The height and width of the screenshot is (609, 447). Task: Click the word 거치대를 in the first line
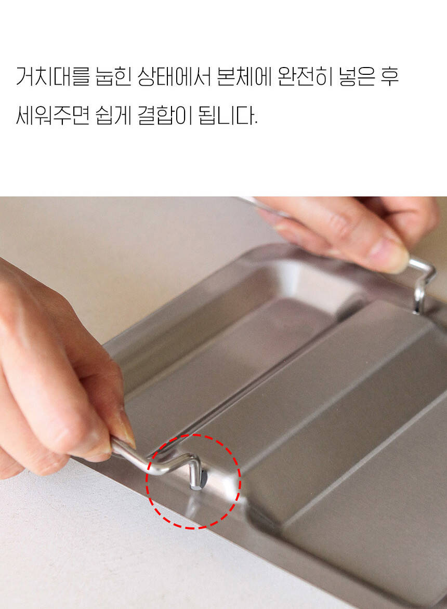pos(53,76)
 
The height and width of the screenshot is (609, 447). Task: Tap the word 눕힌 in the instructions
pos(113,76)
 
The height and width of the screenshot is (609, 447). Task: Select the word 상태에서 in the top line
pos(174,76)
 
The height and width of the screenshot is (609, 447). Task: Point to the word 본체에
pos(244,76)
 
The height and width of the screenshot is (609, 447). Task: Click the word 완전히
pos(305,76)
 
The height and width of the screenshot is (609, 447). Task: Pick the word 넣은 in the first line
pos(357,76)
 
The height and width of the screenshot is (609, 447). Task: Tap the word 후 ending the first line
pos(389,76)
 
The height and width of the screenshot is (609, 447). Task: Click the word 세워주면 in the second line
pos(53,115)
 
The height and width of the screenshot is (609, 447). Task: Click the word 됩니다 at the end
pos(228,115)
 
